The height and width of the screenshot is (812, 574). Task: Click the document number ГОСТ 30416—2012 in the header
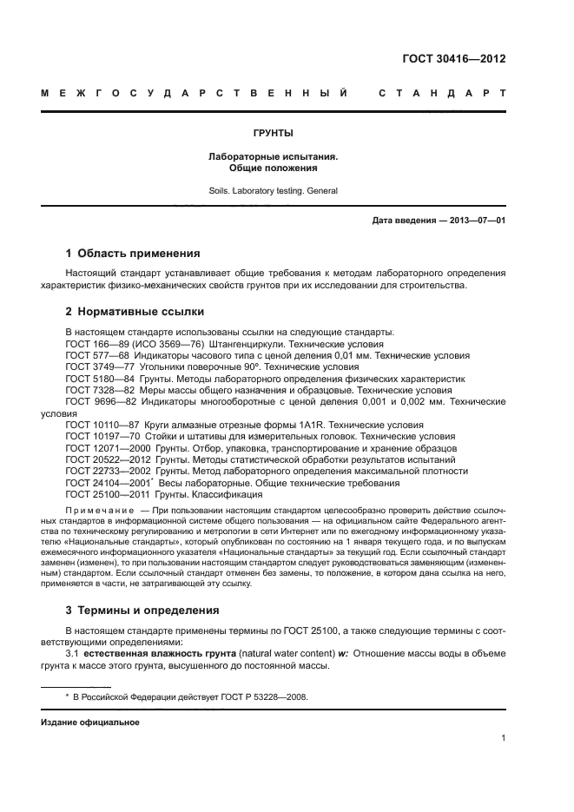454,60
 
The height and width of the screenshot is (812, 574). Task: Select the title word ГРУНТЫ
273,134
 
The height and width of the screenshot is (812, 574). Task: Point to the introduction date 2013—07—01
477,221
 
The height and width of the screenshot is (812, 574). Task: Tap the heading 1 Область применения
133,254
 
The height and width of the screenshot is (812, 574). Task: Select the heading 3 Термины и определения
142,610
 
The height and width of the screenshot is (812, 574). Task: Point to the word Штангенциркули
243,344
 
